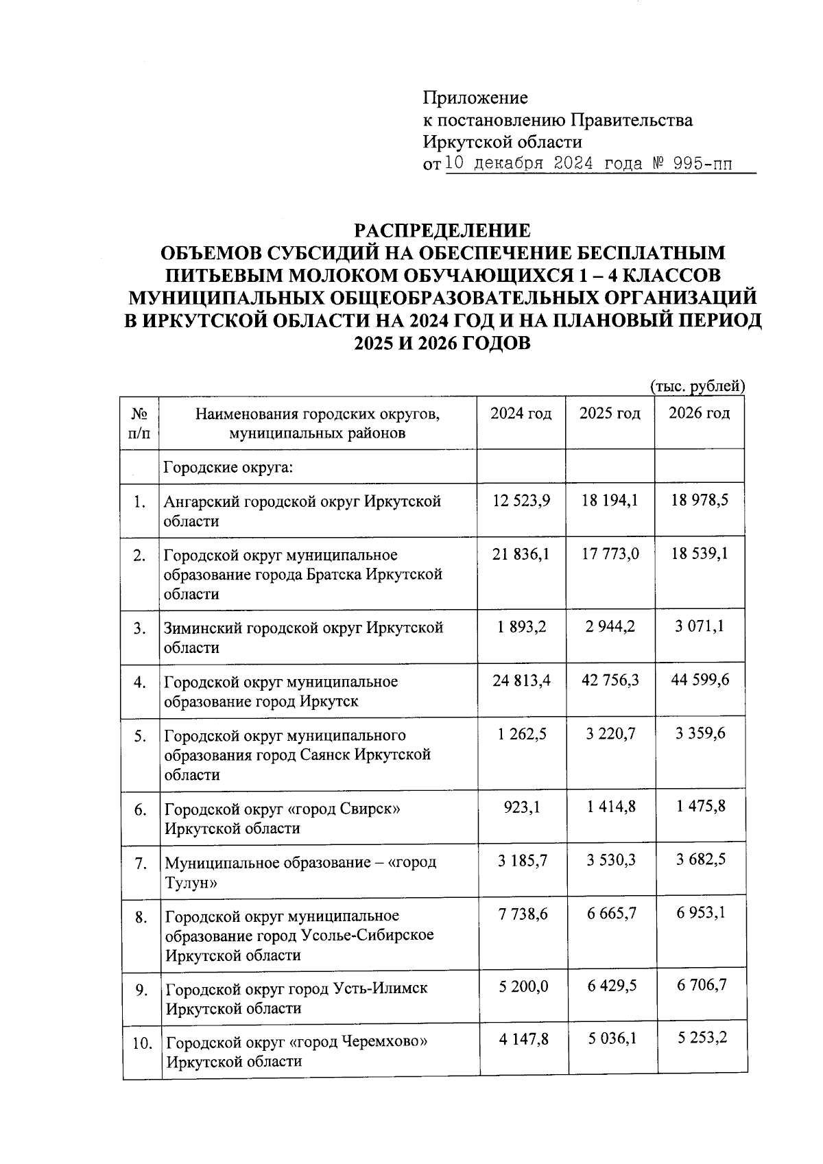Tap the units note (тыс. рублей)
coord(697,386)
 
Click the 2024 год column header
coord(521,414)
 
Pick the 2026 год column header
coord(699,414)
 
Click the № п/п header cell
coord(139,423)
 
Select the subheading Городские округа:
coord(228,468)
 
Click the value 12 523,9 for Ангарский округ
coord(521,501)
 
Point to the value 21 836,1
coord(521,554)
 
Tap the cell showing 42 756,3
coord(610,680)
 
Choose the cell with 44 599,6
coord(700,680)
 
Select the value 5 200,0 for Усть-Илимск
coord(523,986)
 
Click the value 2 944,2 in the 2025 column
coord(610,627)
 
